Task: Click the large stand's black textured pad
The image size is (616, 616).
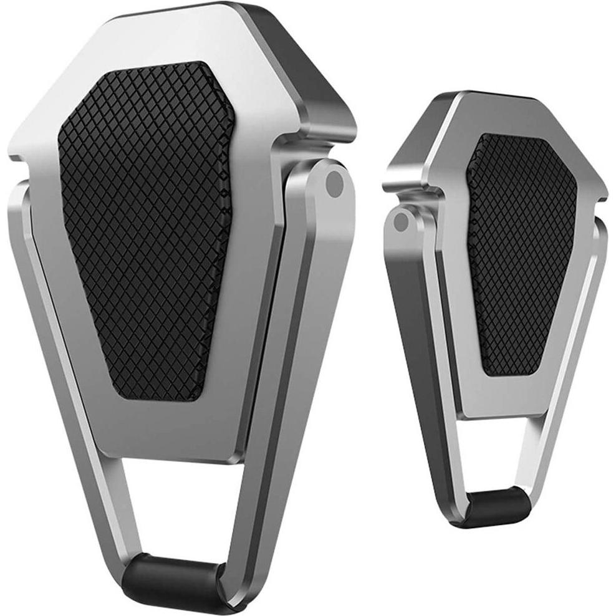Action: pos(147,231)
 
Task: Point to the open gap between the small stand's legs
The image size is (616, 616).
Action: pos(496,455)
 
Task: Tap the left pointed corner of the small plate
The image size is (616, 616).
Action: pos(390,178)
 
